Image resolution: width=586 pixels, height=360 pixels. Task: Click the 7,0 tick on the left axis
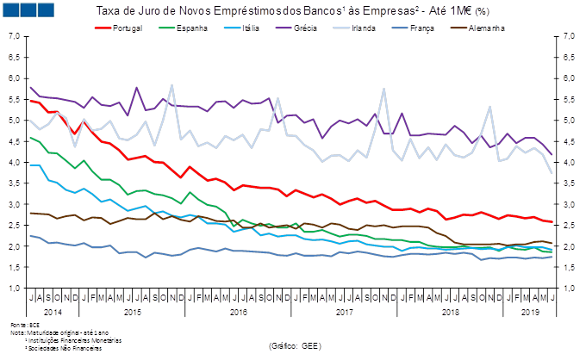14,36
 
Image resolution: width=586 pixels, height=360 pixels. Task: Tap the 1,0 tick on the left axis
14,288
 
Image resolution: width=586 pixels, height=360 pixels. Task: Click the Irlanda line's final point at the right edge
552,173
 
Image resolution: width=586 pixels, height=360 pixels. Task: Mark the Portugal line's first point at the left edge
31,101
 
